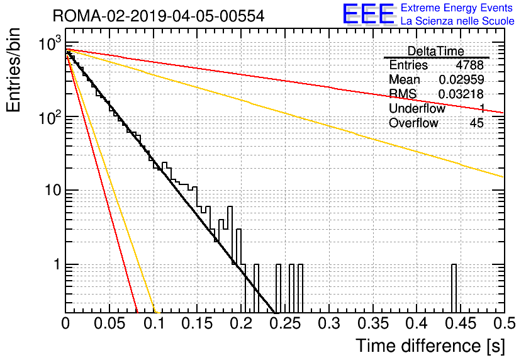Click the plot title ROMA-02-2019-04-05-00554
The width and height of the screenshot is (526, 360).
coord(159,16)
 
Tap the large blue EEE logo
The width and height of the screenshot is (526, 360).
coord(369,14)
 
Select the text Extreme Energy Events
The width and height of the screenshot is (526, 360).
coord(457,8)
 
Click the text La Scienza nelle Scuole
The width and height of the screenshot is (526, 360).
coord(457,21)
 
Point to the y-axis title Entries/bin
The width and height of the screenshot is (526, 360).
coord(13,70)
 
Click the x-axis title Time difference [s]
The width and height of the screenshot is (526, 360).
coord(430,346)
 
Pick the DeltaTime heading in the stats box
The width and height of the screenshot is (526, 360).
coord(436,52)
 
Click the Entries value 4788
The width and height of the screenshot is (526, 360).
coord(469,65)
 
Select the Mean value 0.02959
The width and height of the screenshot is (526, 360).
coord(461,79)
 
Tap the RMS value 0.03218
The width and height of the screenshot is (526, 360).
coord(461,94)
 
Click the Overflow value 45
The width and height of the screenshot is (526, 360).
coord(477,123)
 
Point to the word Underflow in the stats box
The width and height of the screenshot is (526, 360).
coord(417,109)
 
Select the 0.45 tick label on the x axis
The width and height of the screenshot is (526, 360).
coord(461,323)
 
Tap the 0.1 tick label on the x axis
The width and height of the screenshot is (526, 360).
coord(154,323)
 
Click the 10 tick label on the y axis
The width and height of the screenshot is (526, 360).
coord(53,190)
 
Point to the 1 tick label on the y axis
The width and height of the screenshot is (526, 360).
coord(57,264)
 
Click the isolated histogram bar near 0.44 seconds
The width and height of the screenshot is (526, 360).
coord(454,288)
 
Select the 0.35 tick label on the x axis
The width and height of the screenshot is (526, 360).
coord(373,323)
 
